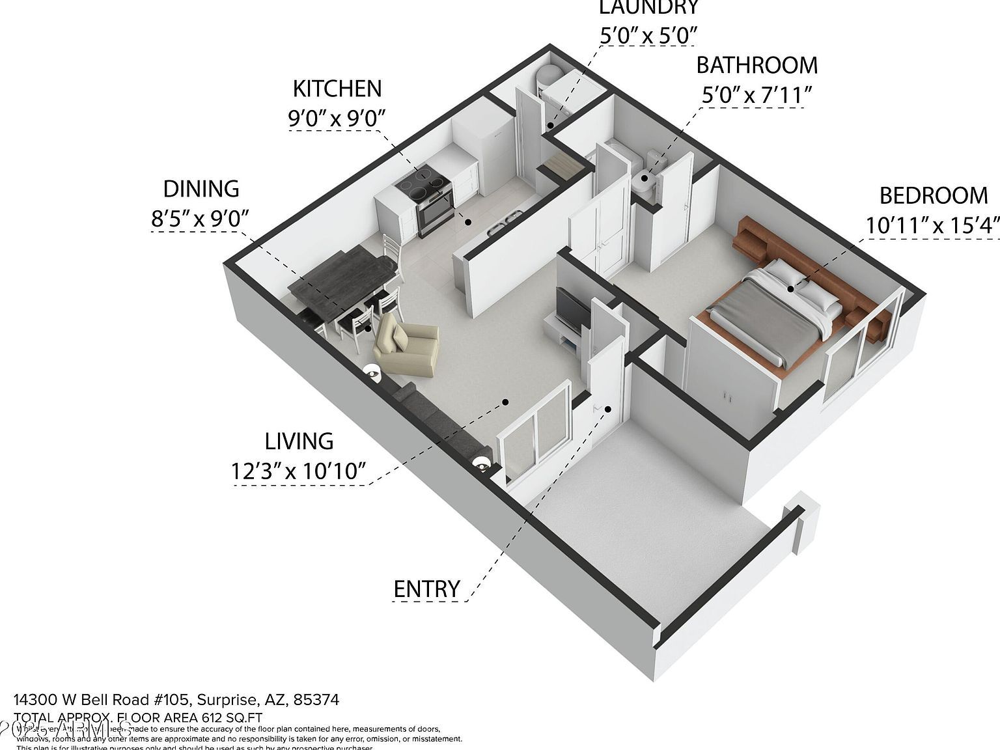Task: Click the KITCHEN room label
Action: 337,89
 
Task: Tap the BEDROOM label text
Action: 933,195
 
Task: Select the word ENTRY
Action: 427,589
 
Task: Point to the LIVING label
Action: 299,441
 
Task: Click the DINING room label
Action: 201,189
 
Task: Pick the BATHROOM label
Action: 757,65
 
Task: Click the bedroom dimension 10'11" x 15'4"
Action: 932,225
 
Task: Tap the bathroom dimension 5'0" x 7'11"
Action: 757,96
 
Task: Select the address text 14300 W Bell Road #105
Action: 102,700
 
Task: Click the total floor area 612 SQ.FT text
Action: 189,717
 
